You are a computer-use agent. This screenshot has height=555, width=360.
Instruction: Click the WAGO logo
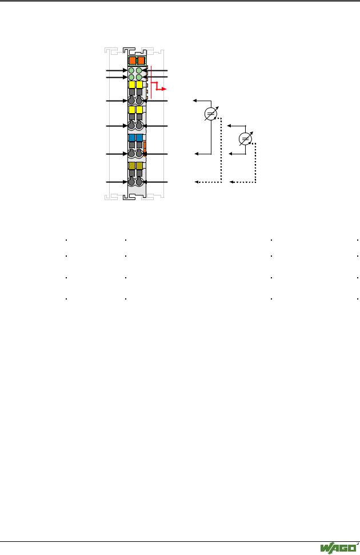[338, 548]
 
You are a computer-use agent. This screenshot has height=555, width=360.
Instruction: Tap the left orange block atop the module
[133, 60]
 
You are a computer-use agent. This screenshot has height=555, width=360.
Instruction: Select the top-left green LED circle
[131, 70]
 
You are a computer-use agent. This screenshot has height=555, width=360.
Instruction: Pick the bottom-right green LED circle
[139, 77]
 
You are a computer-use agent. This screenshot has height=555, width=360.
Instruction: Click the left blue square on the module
[131, 138]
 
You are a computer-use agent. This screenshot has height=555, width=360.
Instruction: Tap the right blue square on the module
[139, 138]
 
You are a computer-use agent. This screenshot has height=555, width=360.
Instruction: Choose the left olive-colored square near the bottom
[131, 166]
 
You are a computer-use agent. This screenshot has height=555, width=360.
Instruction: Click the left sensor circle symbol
[211, 114]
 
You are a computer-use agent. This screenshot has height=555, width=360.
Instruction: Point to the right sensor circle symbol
[245, 139]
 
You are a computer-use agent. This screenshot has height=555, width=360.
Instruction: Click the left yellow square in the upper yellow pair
[131, 85]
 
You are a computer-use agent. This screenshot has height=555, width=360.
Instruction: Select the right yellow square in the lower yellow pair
[139, 110]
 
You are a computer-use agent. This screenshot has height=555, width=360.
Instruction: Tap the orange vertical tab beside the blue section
[145, 148]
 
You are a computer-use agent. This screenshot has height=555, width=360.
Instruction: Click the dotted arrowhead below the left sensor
[197, 182]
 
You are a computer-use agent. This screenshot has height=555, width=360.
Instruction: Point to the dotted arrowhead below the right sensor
[231, 182]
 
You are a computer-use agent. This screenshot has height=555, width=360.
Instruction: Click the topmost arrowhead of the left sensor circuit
[195, 101]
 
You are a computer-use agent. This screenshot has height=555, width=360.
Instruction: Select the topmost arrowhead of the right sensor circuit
[229, 126]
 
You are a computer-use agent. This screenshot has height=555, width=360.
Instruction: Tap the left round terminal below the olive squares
[131, 182]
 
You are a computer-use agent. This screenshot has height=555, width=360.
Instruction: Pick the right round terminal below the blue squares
[139, 154]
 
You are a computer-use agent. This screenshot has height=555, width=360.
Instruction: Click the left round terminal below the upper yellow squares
[131, 101]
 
